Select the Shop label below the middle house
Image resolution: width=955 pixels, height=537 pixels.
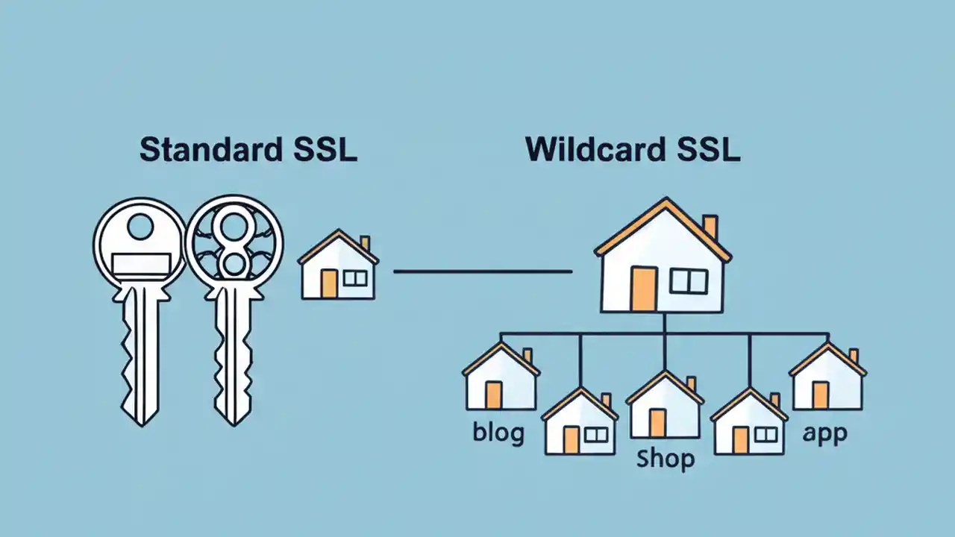[x=666, y=458]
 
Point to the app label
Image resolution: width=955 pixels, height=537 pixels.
[x=824, y=433]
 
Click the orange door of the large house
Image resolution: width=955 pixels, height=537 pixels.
[x=643, y=289]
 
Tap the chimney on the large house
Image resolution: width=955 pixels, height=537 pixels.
[x=710, y=227]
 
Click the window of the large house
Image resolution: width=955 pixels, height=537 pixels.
[x=688, y=281]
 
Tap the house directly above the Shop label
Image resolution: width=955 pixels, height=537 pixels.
[x=665, y=406]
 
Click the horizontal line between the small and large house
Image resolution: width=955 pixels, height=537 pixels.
[x=482, y=271]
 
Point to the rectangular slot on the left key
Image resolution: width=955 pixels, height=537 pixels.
[x=141, y=262]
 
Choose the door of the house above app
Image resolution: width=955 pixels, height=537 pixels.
[x=820, y=395]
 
